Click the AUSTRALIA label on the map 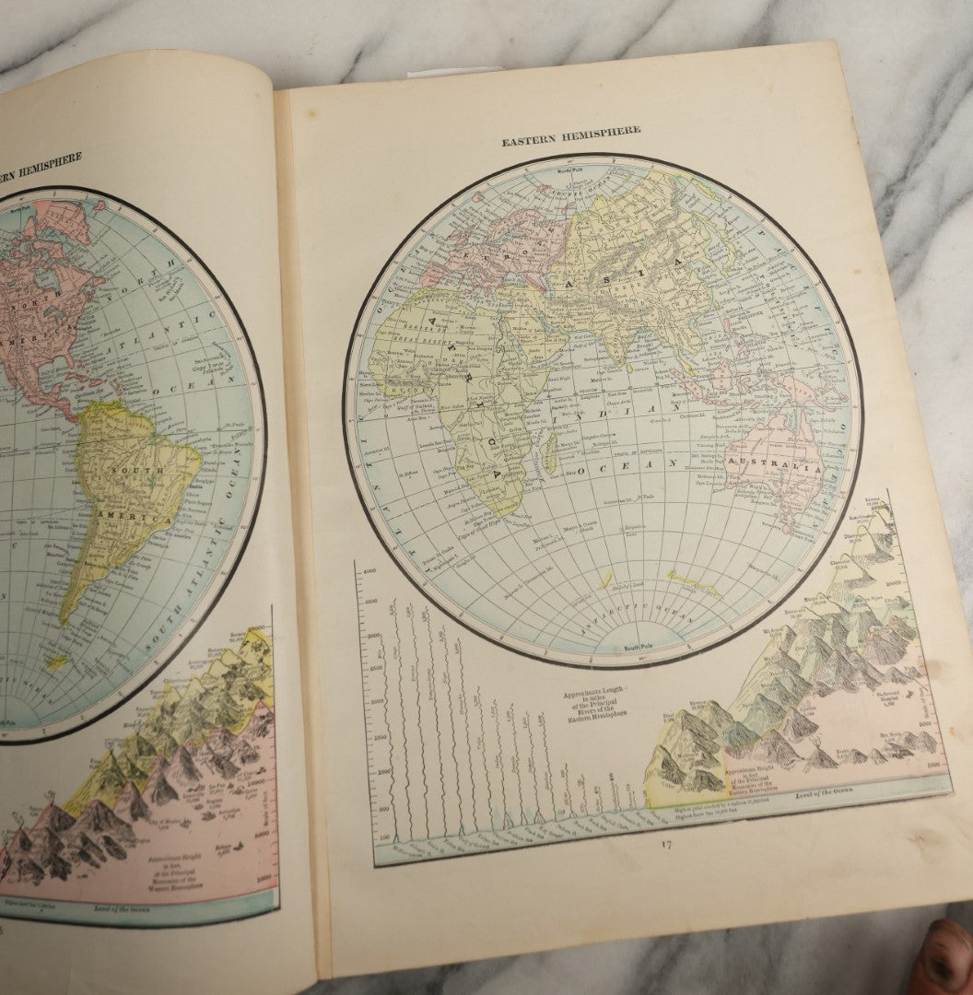[x=774, y=467]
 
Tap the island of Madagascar [x=551, y=456]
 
